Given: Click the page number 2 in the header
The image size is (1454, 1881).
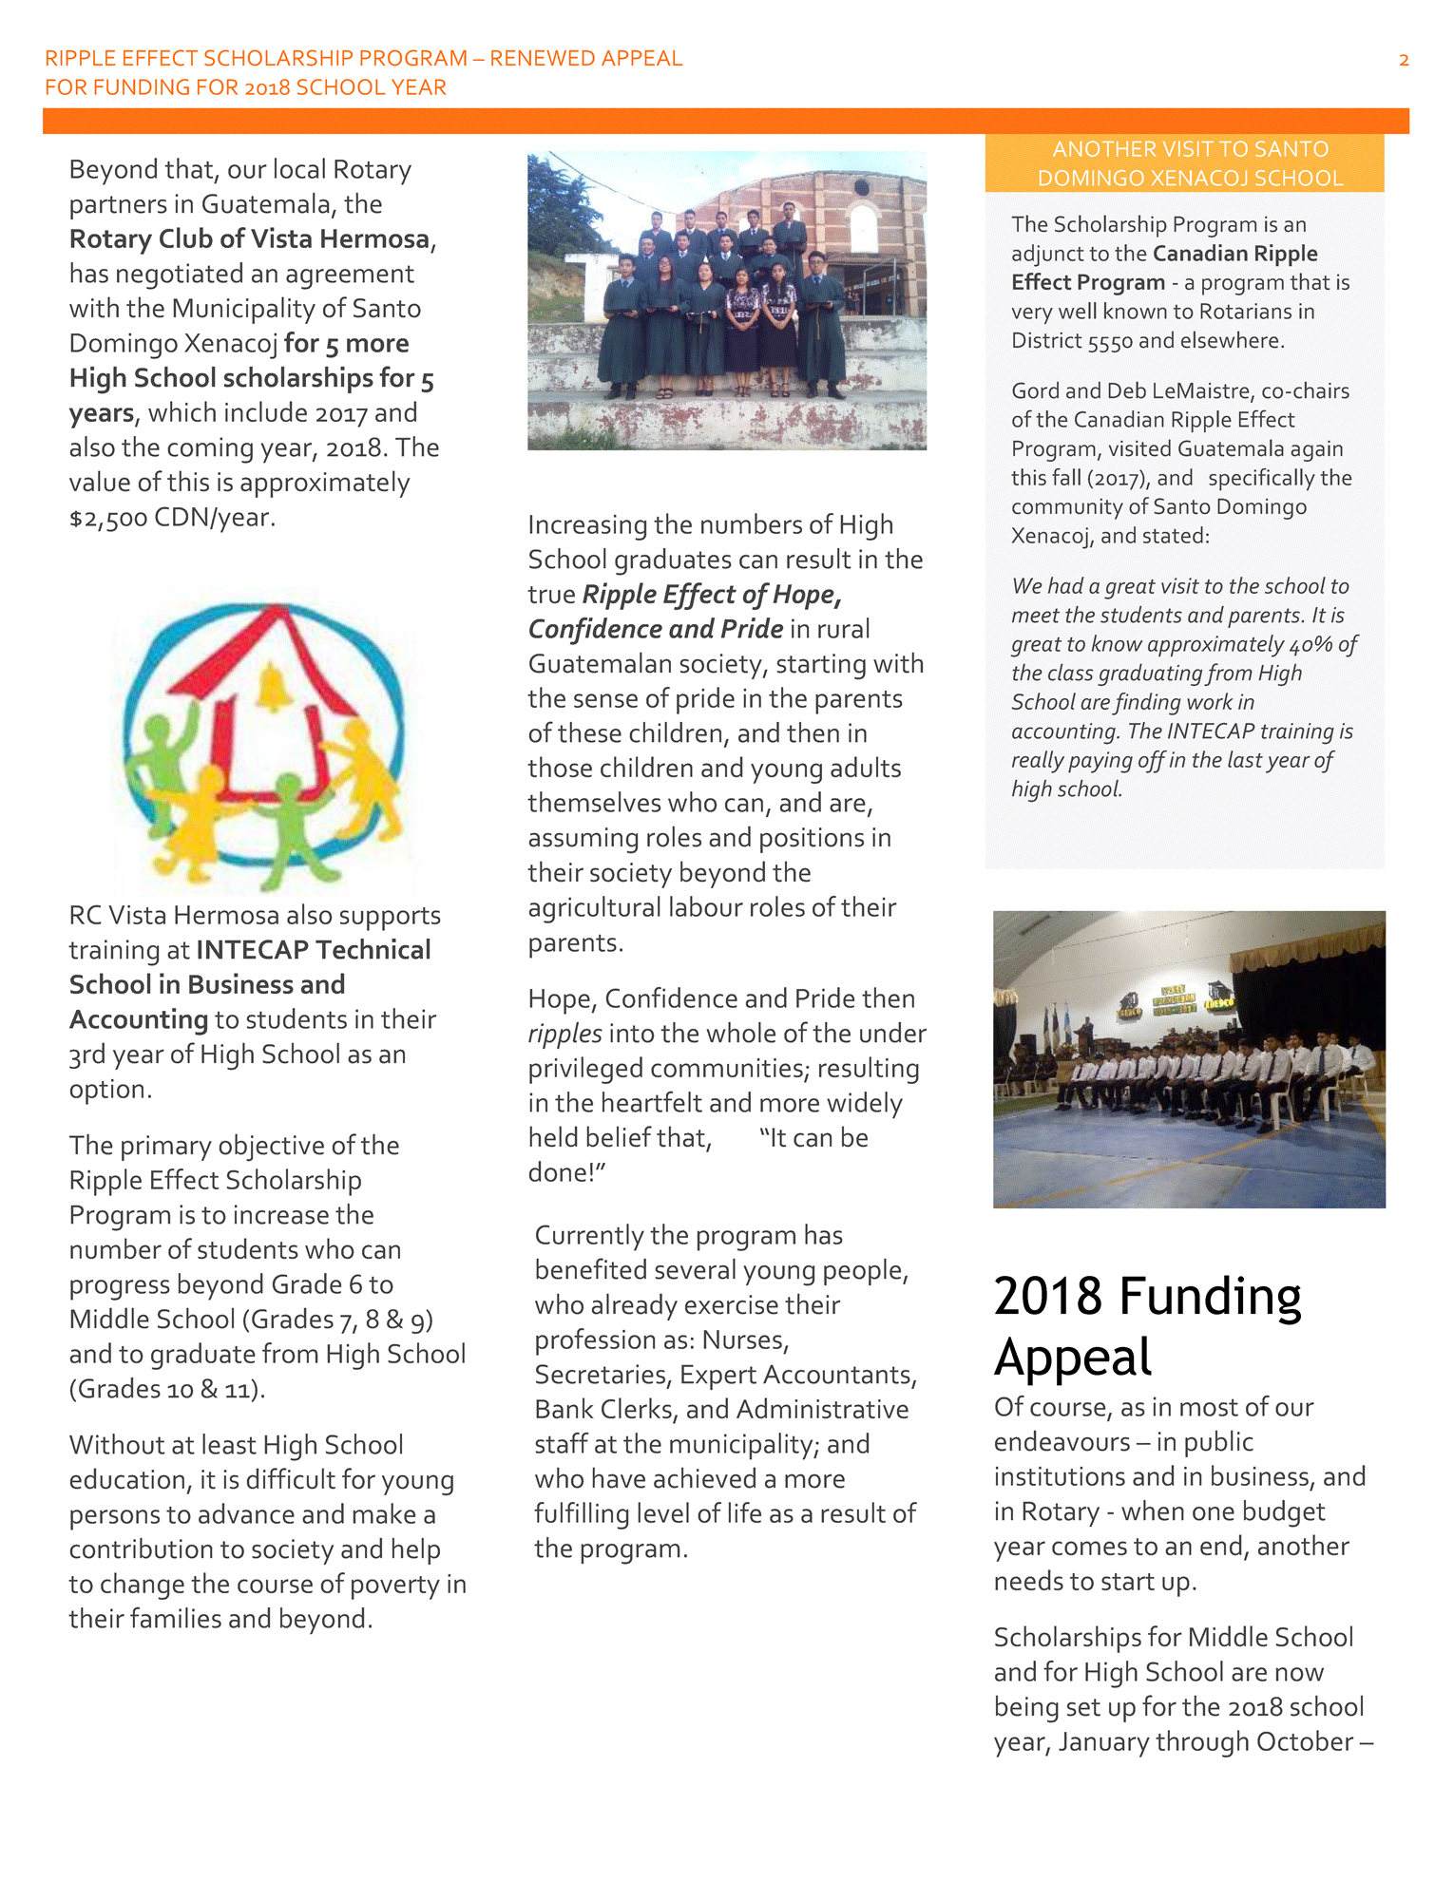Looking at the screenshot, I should coord(1403,61).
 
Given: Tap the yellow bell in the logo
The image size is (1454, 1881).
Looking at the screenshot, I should coord(273,687).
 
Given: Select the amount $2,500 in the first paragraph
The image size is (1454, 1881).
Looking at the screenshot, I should coord(107,518).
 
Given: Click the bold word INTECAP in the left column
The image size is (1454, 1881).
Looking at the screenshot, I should coord(252,950).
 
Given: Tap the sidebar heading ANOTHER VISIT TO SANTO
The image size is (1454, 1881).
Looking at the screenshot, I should coord(1190,149).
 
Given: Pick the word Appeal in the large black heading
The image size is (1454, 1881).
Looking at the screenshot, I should coord(1073,1357).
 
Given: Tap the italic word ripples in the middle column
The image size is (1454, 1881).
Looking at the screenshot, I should coord(564,1034).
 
